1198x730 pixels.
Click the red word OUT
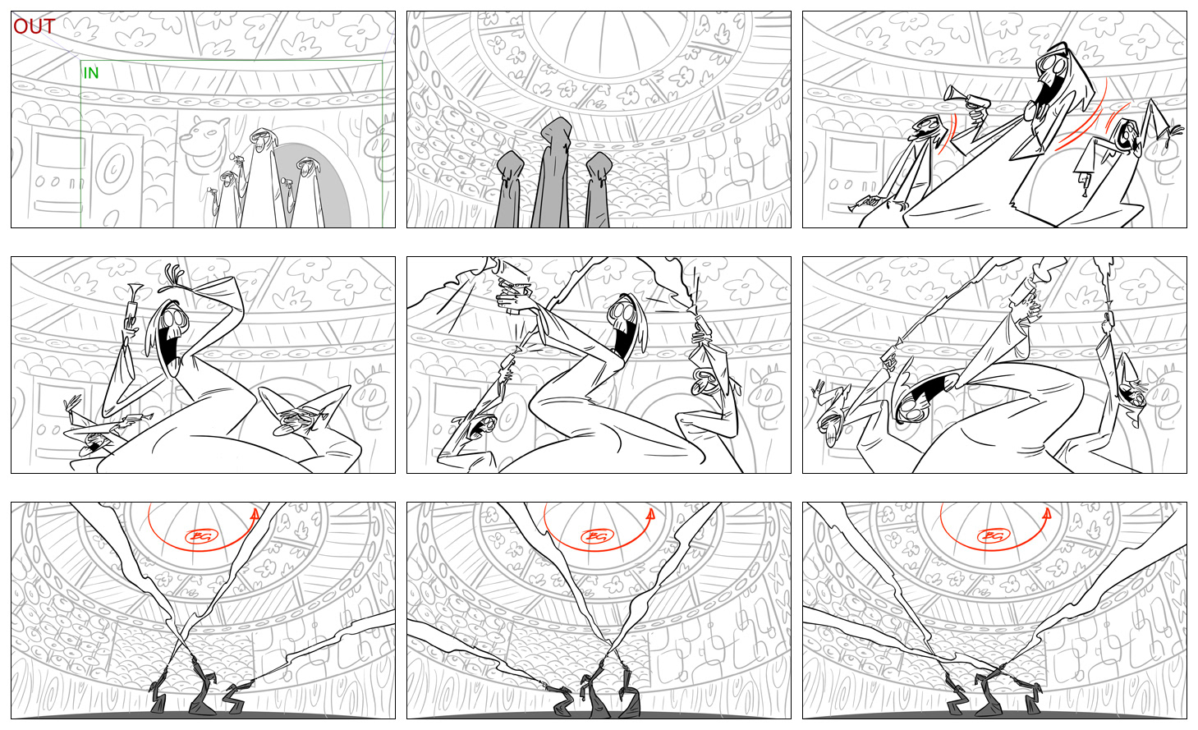34,26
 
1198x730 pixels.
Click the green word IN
91,73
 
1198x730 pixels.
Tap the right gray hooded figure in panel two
599,190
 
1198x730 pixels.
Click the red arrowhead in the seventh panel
255,514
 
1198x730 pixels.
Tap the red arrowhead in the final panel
1047,514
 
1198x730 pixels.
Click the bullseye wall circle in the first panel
114,169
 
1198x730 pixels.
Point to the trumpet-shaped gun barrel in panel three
952,93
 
